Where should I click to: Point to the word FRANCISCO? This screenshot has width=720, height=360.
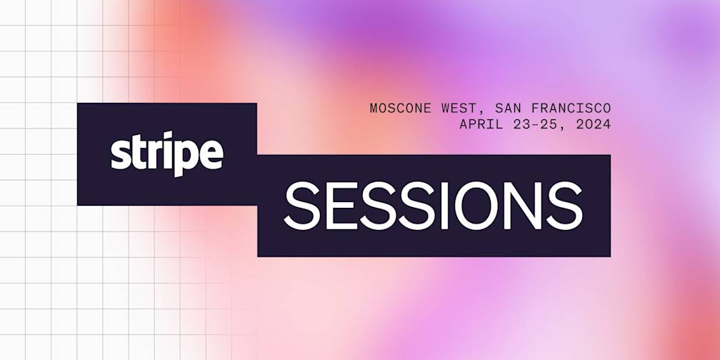(571, 109)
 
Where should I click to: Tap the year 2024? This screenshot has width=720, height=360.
(594, 124)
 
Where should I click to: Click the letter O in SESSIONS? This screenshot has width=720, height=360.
(479, 205)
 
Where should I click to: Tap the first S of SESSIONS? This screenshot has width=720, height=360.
(303, 205)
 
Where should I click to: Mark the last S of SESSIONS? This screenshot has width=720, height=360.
(567, 205)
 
